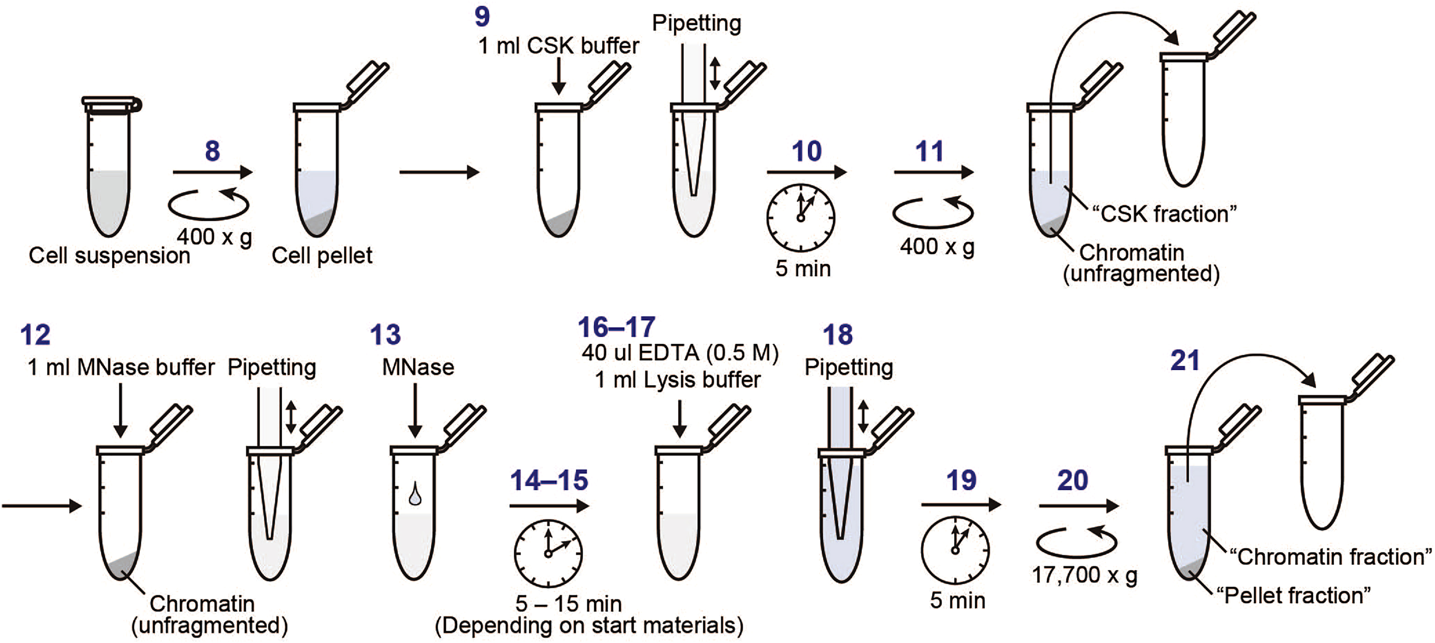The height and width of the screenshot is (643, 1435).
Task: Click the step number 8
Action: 212,151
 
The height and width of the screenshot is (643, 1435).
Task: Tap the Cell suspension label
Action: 109,255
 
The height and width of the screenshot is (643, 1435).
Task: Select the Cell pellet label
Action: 322,255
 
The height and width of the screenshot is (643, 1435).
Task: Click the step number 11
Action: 929,151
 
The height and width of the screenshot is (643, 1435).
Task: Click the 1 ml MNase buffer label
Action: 121,367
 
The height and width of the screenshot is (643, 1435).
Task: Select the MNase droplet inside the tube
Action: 415,495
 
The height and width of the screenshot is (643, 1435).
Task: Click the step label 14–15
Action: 549,480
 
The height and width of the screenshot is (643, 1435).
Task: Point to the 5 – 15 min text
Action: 568,603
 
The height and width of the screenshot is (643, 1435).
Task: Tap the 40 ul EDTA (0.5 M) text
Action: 680,353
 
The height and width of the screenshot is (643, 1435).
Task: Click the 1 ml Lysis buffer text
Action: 677,380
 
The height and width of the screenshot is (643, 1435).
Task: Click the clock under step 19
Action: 955,551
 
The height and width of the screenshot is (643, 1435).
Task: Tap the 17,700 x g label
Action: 1084,575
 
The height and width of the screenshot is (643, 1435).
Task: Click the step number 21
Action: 1184,361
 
